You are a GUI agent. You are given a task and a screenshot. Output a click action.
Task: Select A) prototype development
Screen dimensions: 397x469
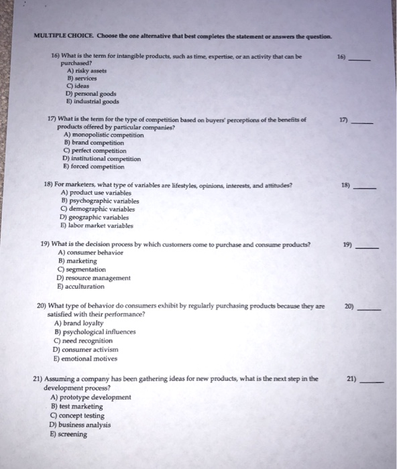(91, 397)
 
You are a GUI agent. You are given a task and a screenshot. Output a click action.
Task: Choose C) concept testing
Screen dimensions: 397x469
(81, 415)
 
